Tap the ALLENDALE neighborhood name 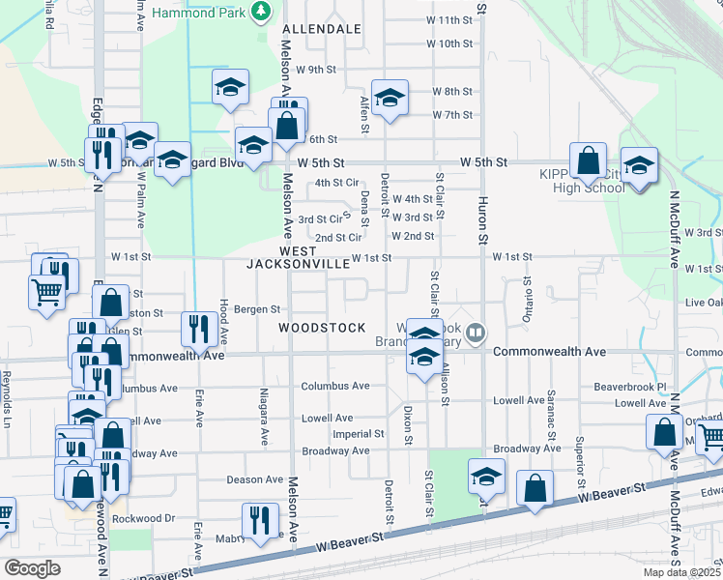click(322, 30)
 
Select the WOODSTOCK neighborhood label click(312, 329)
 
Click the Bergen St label click(257, 310)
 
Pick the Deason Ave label click(254, 479)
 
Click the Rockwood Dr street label click(142, 518)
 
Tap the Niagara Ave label click(263, 417)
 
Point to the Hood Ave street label click(223, 321)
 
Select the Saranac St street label click(551, 431)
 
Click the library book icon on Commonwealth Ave click(475, 334)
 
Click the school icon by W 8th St click(390, 97)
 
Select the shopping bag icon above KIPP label click(588, 159)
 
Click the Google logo click(32, 568)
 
